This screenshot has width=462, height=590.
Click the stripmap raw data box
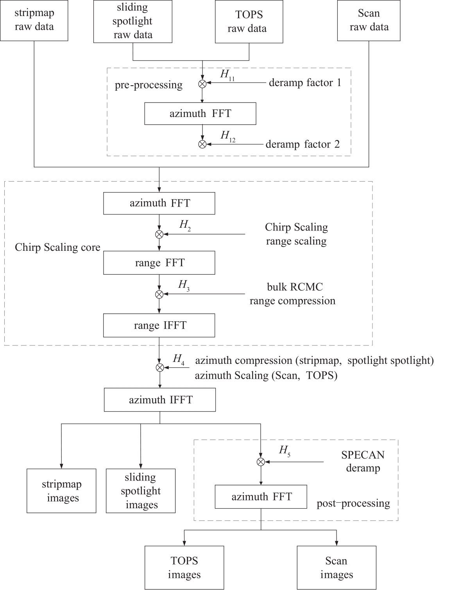coord(34,20)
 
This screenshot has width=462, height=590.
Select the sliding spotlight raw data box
coord(133,22)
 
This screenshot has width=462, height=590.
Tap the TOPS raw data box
coord(249,22)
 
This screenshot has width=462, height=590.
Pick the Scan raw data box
coord(369,20)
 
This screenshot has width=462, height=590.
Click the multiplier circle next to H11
coord(202,84)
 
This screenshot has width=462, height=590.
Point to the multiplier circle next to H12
coord(202,144)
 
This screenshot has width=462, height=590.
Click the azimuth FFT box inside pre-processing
coord(200,113)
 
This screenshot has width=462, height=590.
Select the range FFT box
coord(159,263)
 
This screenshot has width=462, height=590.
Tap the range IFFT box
coord(159,325)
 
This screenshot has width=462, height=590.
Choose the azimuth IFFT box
coord(160,400)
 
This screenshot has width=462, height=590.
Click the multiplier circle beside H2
coord(159,234)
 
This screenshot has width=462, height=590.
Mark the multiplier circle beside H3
coord(159,294)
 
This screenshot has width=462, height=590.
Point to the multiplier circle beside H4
coord(160,368)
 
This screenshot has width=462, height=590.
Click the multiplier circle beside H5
coord(261,462)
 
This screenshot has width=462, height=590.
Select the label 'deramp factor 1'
coord(305,83)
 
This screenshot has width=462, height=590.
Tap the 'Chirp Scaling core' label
coord(57,247)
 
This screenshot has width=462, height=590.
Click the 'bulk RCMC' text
coord(295,287)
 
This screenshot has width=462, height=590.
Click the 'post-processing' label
coord(353,503)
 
